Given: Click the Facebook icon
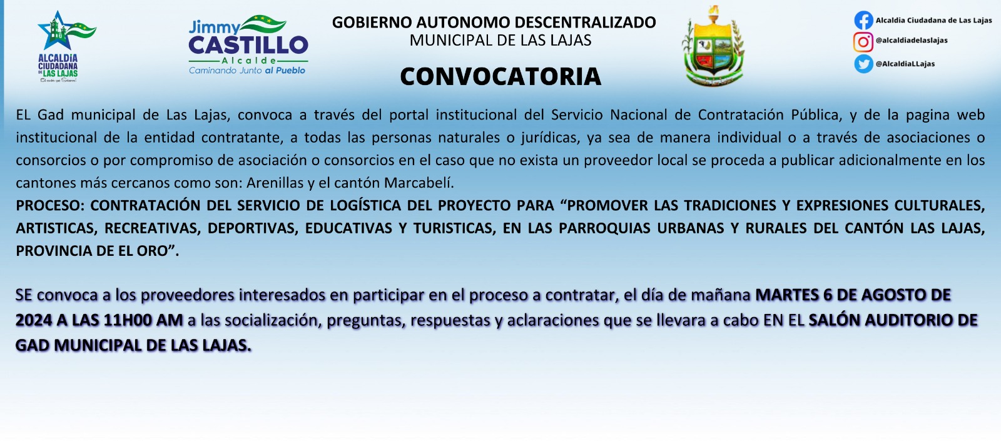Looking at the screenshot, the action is point(863,20).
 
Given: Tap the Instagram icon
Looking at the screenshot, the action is point(863,42).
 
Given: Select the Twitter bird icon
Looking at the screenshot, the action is point(863,63).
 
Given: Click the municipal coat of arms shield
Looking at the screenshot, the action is point(714,46).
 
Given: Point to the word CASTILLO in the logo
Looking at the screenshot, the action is point(248,45).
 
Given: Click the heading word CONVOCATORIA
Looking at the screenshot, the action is point(500,76).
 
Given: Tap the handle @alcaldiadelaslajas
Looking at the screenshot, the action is point(912,40).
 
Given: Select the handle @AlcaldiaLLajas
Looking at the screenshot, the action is point(905,63).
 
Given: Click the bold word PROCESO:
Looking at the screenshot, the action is point(51,206).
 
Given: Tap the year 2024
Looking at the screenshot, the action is point(34,320).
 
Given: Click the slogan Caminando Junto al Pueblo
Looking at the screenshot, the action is point(247,70).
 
